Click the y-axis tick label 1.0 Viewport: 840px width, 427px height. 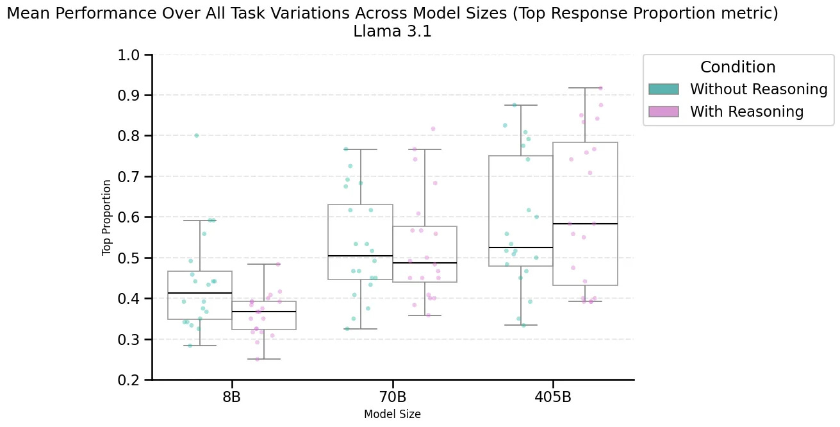130,55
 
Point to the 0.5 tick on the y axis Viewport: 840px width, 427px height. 130,258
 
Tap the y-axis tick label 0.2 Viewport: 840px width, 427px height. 130,380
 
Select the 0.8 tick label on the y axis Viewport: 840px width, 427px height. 130,136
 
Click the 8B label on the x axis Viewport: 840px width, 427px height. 231,396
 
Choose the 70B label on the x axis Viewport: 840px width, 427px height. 392,396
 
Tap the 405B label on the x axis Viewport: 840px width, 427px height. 552,396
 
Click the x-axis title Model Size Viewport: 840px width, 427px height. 392,414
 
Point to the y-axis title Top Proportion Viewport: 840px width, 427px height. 107,217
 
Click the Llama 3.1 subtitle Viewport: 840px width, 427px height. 392,31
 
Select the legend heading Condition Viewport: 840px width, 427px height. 737,67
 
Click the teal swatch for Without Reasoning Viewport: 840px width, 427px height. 664,89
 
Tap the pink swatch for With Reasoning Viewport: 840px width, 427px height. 664,112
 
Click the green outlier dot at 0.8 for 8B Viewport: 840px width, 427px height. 197,135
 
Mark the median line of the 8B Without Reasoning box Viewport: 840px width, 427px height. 200,293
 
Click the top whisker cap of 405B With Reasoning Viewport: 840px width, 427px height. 585,88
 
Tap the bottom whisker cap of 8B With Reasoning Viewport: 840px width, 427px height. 264,359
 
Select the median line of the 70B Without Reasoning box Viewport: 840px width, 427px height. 360,256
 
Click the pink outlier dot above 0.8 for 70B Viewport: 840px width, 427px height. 433,129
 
